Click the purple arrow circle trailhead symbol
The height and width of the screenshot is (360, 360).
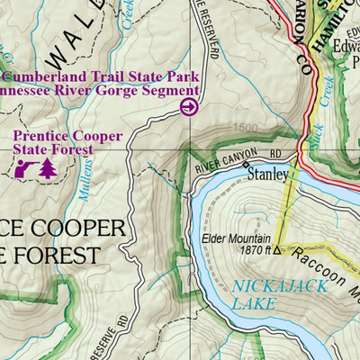tap(189, 108)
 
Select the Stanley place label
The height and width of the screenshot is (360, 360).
tap(267, 175)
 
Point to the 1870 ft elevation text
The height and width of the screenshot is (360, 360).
tap(247, 251)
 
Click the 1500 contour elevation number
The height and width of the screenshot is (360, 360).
tap(242, 130)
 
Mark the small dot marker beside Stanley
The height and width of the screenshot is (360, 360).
tap(242, 166)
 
